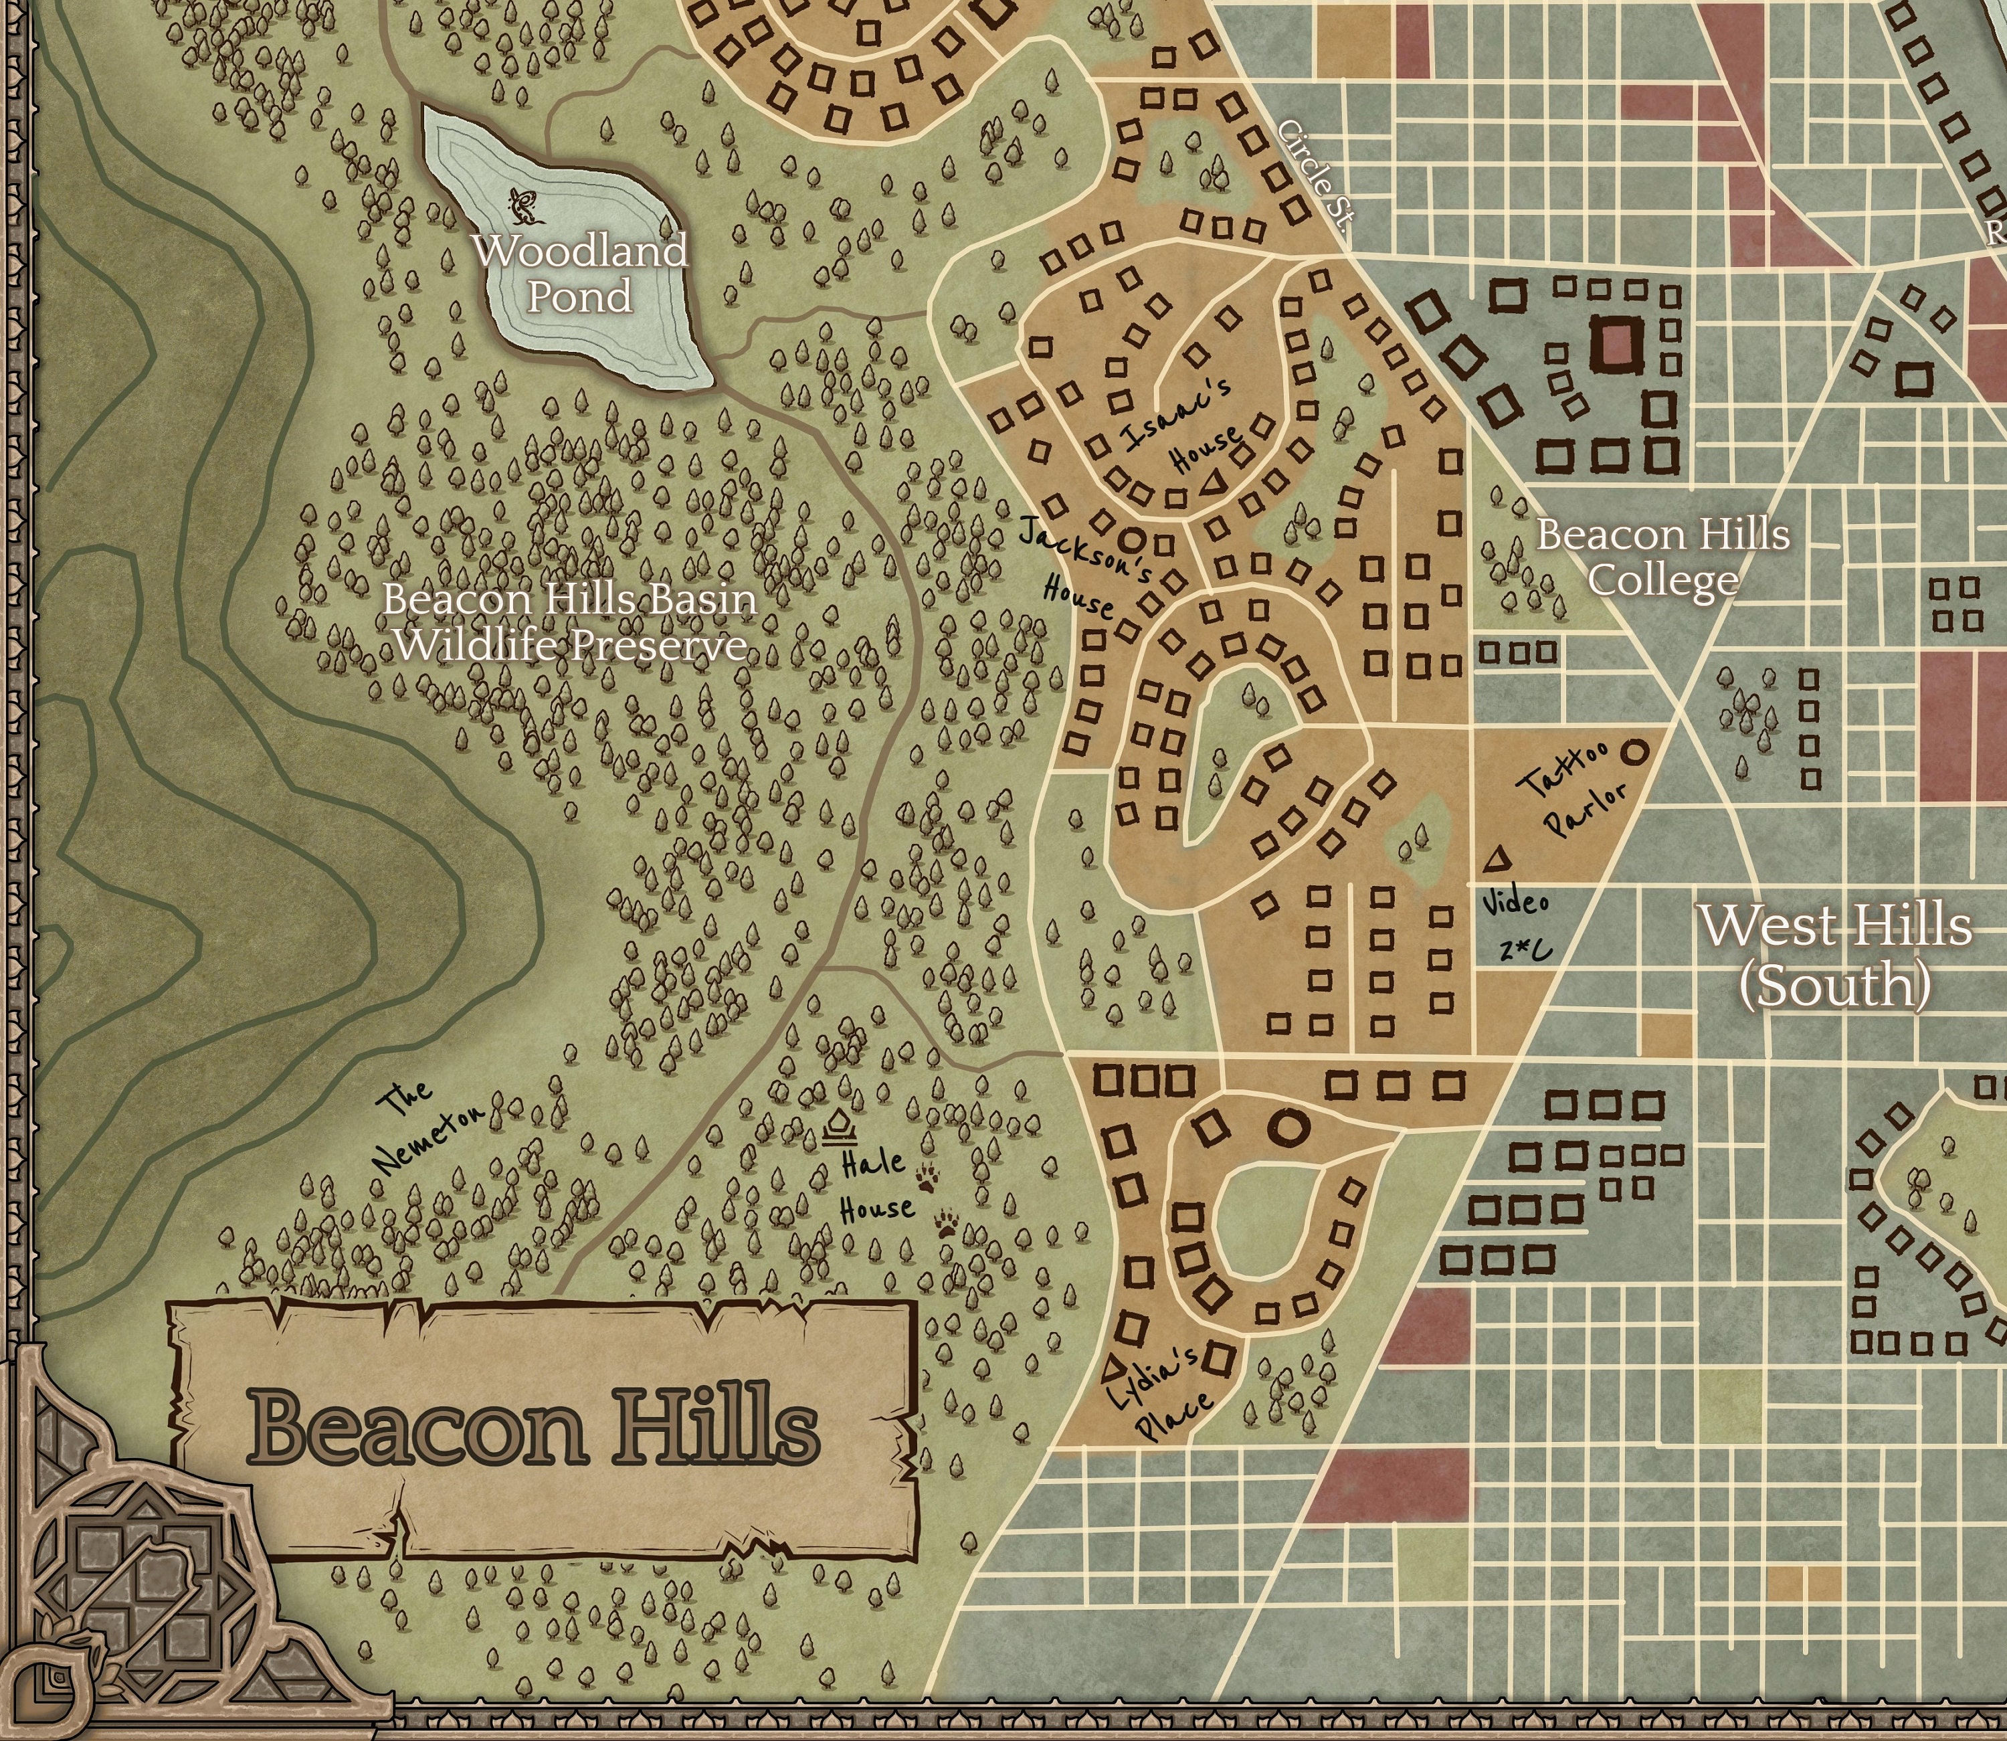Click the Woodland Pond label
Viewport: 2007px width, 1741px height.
click(x=580, y=274)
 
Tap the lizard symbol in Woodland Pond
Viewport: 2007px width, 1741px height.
click(x=522, y=204)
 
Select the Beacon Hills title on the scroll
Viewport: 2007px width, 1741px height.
click(x=533, y=1428)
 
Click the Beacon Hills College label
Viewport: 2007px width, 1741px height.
click(x=1662, y=557)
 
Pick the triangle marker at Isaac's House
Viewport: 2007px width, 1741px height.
click(x=1210, y=483)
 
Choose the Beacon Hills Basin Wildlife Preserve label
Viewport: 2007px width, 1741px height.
click(x=570, y=622)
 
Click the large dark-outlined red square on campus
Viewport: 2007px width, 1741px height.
click(x=1616, y=344)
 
